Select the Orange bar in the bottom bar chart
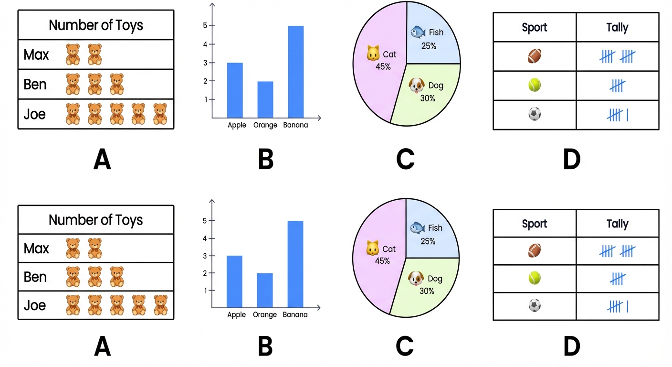[x=265, y=290]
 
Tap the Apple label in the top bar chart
[x=237, y=125]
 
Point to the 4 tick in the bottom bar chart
[x=204, y=238]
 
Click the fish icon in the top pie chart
[x=418, y=32]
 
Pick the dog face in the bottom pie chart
[x=416, y=279]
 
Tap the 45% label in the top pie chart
[x=383, y=66]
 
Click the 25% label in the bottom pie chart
[x=428, y=241]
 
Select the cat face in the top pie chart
[x=373, y=54]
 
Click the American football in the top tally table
[x=535, y=57]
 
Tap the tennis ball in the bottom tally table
[x=535, y=278]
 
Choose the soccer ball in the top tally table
[x=535, y=115]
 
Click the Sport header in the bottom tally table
[x=535, y=224]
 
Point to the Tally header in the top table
[x=617, y=27]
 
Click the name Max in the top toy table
[x=36, y=55]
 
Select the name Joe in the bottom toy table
[x=35, y=305]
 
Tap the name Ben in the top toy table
[x=35, y=85]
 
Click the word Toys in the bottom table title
[x=126, y=220]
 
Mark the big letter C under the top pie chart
[x=405, y=160]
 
